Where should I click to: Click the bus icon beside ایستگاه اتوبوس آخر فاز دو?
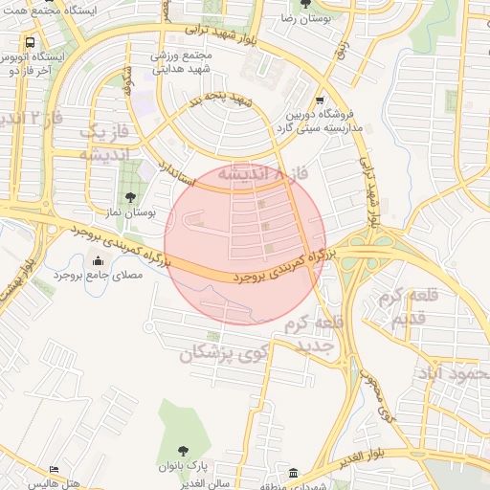pos(31,43)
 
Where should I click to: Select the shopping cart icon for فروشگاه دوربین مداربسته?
pos(320,100)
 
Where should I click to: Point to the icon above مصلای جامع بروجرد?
pos(98,261)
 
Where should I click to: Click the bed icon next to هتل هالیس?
pos(55,471)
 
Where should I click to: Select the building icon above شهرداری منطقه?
pos(294,473)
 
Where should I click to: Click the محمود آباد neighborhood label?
pos(451,371)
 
